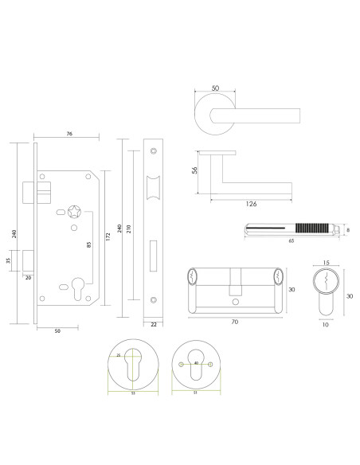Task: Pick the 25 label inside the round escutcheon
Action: [x=120, y=356]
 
